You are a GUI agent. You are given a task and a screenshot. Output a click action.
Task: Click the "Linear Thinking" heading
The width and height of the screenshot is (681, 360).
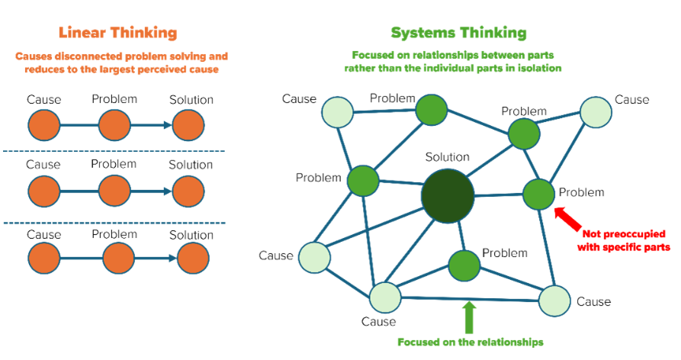click(x=117, y=33)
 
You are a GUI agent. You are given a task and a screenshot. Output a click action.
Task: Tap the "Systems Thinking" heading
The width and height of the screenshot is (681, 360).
click(x=458, y=33)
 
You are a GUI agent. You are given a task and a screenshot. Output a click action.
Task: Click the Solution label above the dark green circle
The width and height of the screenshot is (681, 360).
click(x=447, y=157)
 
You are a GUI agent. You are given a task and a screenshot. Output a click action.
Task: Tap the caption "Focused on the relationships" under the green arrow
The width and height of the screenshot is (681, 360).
click(x=471, y=342)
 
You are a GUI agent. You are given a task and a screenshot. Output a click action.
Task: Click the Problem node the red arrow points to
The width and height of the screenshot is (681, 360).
click(x=538, y=194)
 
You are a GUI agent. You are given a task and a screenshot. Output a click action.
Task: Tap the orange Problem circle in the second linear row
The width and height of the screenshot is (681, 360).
click(x=114, y=190)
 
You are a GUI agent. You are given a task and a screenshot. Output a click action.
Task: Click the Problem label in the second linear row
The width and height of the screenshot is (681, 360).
click(x=114, y=164)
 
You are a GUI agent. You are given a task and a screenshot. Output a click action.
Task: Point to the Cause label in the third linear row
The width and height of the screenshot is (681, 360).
click(x=43, y=234)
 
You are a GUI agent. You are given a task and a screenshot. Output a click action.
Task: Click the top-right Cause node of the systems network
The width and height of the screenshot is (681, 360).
click(x=596, y=112)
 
